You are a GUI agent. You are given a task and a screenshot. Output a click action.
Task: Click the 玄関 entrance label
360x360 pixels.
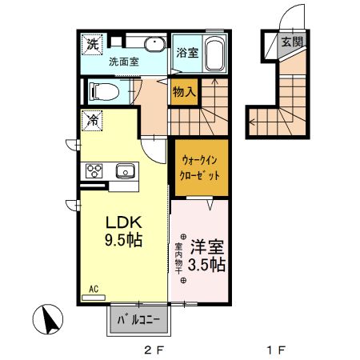[x=292, y=42]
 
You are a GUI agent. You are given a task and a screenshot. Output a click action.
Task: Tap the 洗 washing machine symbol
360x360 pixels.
[x=92, y=43]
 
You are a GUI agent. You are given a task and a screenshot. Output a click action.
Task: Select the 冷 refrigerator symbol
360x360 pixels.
[x=92, y=121]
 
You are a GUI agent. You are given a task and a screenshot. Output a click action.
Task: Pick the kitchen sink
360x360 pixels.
[x=125, y=170]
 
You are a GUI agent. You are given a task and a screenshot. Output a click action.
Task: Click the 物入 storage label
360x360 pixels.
[x=185, y=92]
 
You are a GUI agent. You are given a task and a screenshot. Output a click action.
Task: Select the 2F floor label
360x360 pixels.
[x=153, y=350]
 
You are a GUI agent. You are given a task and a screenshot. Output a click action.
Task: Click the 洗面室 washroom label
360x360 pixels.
[x=125, y=61]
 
